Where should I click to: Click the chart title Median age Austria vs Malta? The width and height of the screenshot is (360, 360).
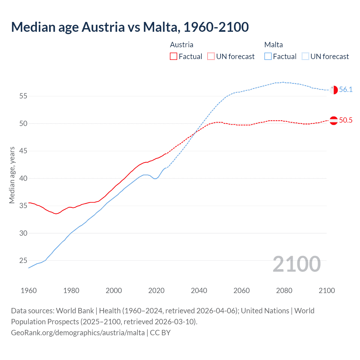[130, 27]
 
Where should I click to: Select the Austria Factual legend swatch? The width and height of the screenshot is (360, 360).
[174, 56]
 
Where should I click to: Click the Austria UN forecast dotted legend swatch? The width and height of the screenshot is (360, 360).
[211, 56]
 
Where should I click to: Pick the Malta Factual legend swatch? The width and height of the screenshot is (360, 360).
[268, 56]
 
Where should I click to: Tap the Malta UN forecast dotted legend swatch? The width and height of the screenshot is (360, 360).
[305, 56]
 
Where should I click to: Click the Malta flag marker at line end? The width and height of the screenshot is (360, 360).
[334, 90]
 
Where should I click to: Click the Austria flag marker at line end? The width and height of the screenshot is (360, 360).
[334, 120]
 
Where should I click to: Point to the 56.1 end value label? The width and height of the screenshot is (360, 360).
[346, 90]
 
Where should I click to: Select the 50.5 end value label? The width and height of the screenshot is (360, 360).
[346, 120]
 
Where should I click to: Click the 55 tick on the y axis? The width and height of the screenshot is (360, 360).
[23, 96]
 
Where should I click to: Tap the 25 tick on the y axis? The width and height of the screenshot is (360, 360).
[23, 261]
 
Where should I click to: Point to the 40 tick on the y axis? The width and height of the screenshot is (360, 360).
[23, 178]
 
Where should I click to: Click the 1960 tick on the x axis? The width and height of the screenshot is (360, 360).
[29, 291]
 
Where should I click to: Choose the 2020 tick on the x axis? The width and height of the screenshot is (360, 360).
[156, 291]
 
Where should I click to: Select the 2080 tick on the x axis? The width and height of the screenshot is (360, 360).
[284, 291]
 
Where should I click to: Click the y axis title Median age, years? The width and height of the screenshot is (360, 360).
[12, 175]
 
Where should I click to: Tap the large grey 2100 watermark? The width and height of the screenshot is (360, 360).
[296, 264]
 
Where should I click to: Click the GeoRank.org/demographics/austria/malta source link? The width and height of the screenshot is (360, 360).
[78, 333]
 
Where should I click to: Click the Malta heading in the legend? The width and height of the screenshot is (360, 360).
[273, 45]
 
